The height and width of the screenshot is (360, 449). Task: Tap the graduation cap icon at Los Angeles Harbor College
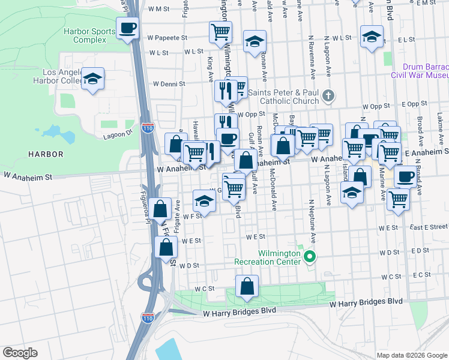coord(92,79)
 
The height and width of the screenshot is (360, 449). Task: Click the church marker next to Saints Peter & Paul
coord(328,95)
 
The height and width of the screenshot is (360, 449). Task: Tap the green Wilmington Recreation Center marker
coord(310,257)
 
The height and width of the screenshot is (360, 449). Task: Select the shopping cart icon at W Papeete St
coord(220,31)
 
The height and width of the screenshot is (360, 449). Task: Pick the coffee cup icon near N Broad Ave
coord(406,177)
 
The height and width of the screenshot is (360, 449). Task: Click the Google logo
coord(20,353)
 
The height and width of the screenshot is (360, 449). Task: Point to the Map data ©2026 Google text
coord(411,355)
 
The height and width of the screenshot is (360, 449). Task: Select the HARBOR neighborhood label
coord(46,154)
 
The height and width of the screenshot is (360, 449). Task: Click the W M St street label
coord(160,9)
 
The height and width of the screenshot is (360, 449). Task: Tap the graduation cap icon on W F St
coord(205,201)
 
